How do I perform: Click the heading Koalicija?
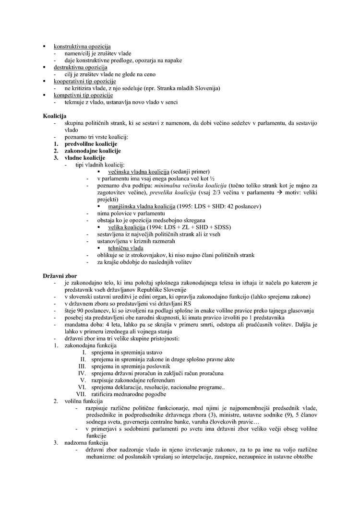click(54, 117)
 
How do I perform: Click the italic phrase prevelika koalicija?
click(172, 192)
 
